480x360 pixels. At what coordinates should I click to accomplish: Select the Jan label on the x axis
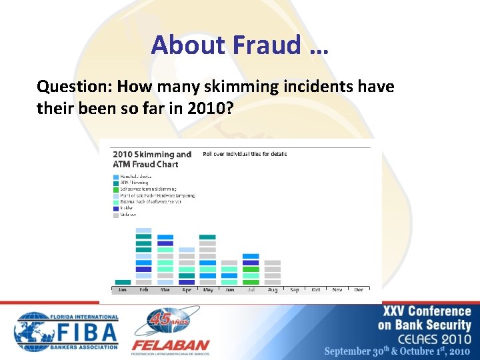[x=122, y=290]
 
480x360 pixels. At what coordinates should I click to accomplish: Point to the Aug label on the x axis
[x=272, y=290]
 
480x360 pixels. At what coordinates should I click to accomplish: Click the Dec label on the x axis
[x=359, y=290]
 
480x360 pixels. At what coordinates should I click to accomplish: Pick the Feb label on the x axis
[x=143, y=290]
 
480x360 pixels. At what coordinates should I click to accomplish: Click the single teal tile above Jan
[x=123, y=282]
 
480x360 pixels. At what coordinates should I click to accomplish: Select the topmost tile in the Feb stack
[x=143, y=230]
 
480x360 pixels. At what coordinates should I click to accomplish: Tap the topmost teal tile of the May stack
[x=207, y=237]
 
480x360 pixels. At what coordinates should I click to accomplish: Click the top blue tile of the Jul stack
[x=251, y=256]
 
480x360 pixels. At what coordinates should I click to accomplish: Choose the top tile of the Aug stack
[x=272, y=263]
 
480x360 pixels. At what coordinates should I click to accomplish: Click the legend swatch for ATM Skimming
[x=116, y=183]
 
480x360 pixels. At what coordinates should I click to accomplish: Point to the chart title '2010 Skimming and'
[x=151, y=155]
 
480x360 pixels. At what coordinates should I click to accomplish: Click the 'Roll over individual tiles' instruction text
[x=245, y=154]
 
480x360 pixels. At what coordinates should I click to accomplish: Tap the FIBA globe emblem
[x=32, y=331]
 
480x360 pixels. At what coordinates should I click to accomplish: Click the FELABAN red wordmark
[x=170, y=345]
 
